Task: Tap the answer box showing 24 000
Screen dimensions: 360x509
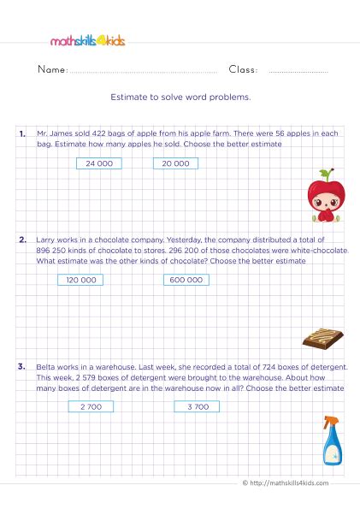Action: (x=99, y=163)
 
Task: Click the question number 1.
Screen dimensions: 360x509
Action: (x=21, y=134)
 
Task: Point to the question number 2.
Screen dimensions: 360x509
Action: (x=21, y=240)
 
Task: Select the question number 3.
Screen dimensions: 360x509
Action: (x=21, y=367)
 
